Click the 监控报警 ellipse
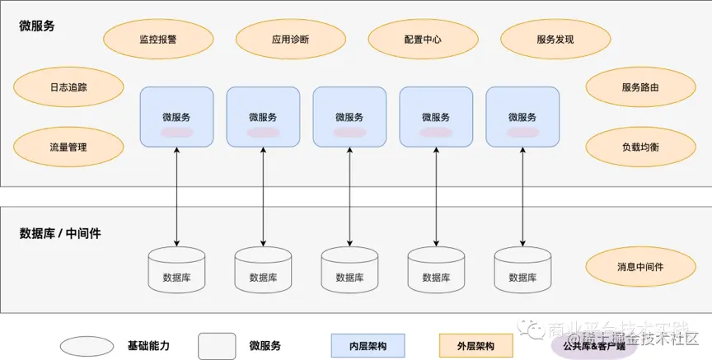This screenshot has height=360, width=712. (158, 40)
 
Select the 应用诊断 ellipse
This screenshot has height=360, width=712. (290, 40)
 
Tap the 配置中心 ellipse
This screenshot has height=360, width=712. (423, 40)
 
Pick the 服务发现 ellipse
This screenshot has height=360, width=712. (555, 40)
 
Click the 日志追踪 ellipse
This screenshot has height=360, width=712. (68, 86)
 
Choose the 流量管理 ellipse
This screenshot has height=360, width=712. (68, 147)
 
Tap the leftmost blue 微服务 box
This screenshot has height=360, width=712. (176, 118)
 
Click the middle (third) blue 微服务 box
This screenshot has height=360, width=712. (349, 118)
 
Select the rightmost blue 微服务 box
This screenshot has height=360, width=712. (522, 118)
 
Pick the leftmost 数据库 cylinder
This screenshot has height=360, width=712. (176, 269)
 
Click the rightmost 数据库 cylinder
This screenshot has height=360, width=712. (522, 269)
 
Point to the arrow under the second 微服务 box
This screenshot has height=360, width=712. (264, 198)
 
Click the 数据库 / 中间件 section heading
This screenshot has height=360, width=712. (60, 233)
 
